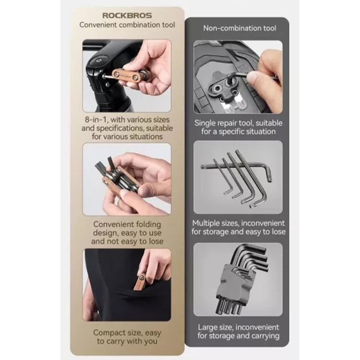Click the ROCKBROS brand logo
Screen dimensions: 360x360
click(127, 15)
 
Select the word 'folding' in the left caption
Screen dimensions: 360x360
click(148, 224)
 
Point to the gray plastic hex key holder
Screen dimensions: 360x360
click(232, 286)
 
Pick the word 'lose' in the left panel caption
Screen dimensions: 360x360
click(156, 241)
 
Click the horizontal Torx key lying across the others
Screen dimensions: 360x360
click(236, 168)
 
